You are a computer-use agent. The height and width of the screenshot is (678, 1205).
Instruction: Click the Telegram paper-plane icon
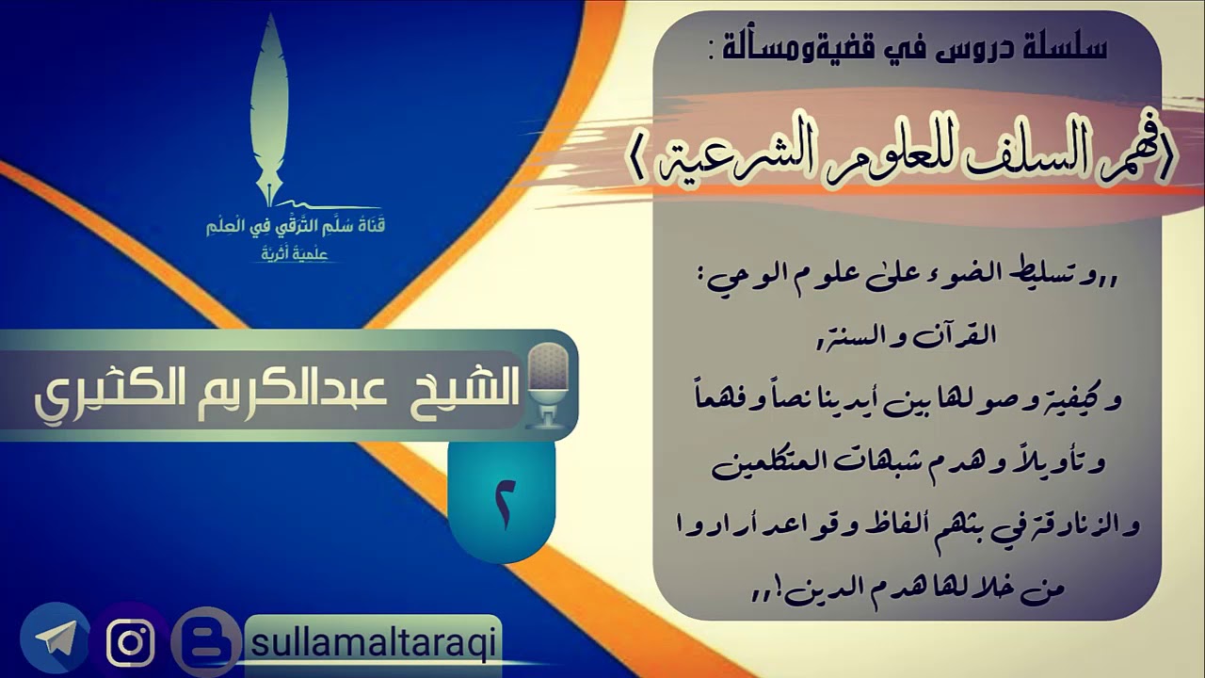[56, 639]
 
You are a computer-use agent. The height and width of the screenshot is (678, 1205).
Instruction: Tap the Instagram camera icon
[131, 643]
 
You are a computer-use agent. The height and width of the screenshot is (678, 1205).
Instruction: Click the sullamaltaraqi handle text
[373, 643]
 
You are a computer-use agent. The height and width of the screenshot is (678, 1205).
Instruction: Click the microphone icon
[548, 386]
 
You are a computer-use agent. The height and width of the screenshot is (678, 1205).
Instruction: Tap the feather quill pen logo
[270, 108]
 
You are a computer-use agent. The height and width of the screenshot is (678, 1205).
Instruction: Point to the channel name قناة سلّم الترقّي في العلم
[297, 227]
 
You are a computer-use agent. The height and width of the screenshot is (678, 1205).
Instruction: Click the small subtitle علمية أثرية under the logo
[296, 253]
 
